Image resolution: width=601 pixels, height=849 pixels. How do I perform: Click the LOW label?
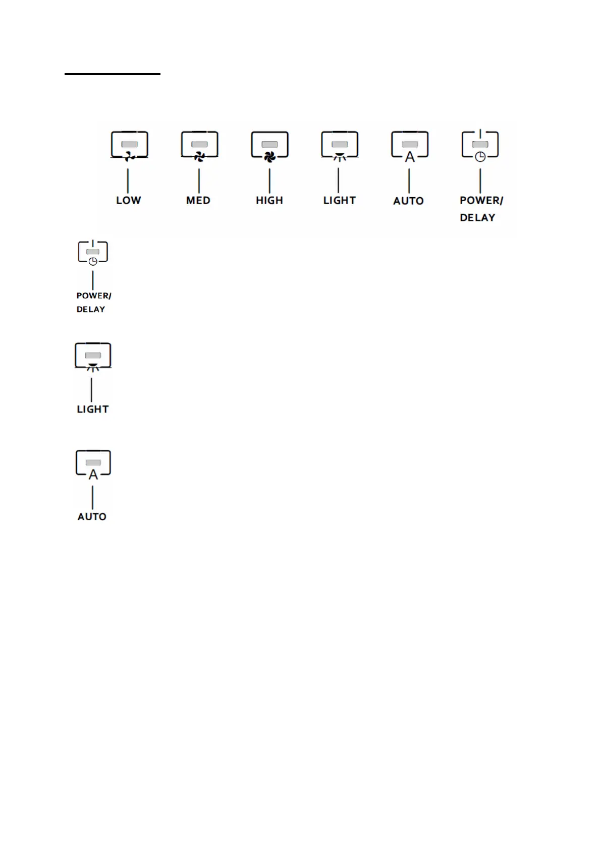[128, 200]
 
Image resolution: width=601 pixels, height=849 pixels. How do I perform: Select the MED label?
[198, 200]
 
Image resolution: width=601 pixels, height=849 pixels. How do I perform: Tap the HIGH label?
[269, 200]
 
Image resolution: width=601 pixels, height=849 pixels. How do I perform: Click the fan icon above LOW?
[129, 157]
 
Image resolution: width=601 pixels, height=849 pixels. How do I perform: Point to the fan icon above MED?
[199, 157]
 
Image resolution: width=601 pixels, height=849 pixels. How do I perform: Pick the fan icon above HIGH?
[269, 157]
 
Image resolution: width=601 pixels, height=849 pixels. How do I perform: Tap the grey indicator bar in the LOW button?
[130, 144]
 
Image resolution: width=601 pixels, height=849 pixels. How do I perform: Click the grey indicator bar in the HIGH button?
[269, 144]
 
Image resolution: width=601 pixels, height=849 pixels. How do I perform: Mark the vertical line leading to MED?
[199, 180]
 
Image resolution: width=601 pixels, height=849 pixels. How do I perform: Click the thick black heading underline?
[112, 74]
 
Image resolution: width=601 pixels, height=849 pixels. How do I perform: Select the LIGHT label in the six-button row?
[339, 200]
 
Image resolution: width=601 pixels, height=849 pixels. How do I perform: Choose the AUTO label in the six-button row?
[408, 201]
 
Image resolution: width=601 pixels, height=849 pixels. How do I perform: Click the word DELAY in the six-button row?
[477, 217]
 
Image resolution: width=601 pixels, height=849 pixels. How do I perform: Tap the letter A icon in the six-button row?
[410, 157]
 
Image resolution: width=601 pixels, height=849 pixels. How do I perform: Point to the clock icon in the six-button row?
[480, 157]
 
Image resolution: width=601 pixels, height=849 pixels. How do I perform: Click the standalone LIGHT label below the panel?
[92, 409]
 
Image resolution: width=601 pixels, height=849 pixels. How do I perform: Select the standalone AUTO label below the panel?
[92, 516]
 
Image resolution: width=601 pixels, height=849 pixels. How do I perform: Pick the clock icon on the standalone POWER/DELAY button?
[93, 261]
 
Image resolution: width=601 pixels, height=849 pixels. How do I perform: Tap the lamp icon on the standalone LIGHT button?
[92, 366]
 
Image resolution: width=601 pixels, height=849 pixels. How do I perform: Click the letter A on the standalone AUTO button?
[93, 474]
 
